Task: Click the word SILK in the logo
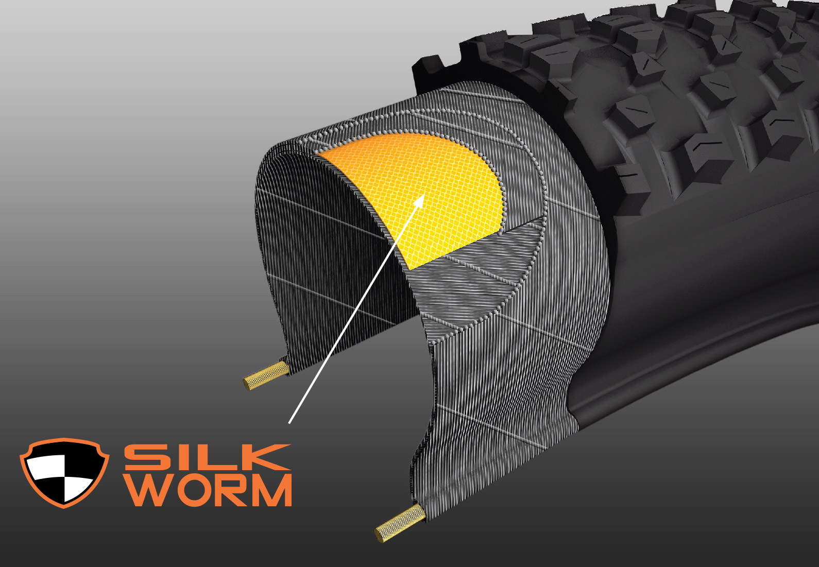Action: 207,457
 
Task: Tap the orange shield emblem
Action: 64,473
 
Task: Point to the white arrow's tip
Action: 424,194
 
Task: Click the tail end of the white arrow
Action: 289,423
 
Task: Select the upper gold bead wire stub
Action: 266,375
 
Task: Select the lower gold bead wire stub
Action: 400,523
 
